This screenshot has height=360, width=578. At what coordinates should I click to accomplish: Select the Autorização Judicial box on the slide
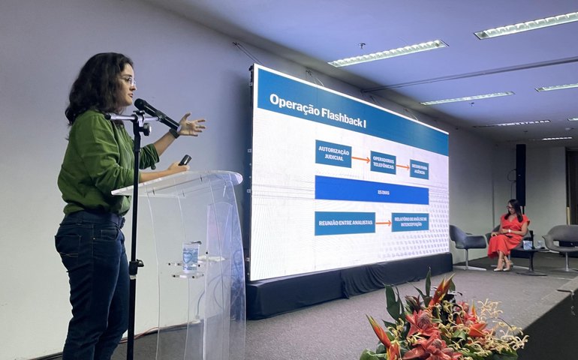coord(333,153)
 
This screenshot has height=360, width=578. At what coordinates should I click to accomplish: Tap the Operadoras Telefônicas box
coord(383,162)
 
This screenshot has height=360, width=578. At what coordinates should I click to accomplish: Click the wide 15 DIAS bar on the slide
coord(372,190)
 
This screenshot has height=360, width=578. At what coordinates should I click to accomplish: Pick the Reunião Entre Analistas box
coord(345,223)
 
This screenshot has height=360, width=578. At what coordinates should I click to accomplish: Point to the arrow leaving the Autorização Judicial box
coord(360,159)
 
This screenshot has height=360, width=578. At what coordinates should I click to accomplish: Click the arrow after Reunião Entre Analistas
coord(383,223)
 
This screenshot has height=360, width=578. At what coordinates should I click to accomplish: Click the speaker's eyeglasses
coord(128,80)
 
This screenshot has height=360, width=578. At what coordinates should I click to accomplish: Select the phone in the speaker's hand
coord(185,160)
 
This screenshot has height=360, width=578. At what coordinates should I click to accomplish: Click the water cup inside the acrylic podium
coord(191,256)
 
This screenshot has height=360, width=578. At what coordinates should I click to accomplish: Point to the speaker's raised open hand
coord(191,125)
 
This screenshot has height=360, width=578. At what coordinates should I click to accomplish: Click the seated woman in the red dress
coord(510,232)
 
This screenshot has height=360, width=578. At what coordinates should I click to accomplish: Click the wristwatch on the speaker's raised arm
coord(174,133)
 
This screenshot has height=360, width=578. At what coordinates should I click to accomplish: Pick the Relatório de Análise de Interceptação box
coord(410,222)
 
